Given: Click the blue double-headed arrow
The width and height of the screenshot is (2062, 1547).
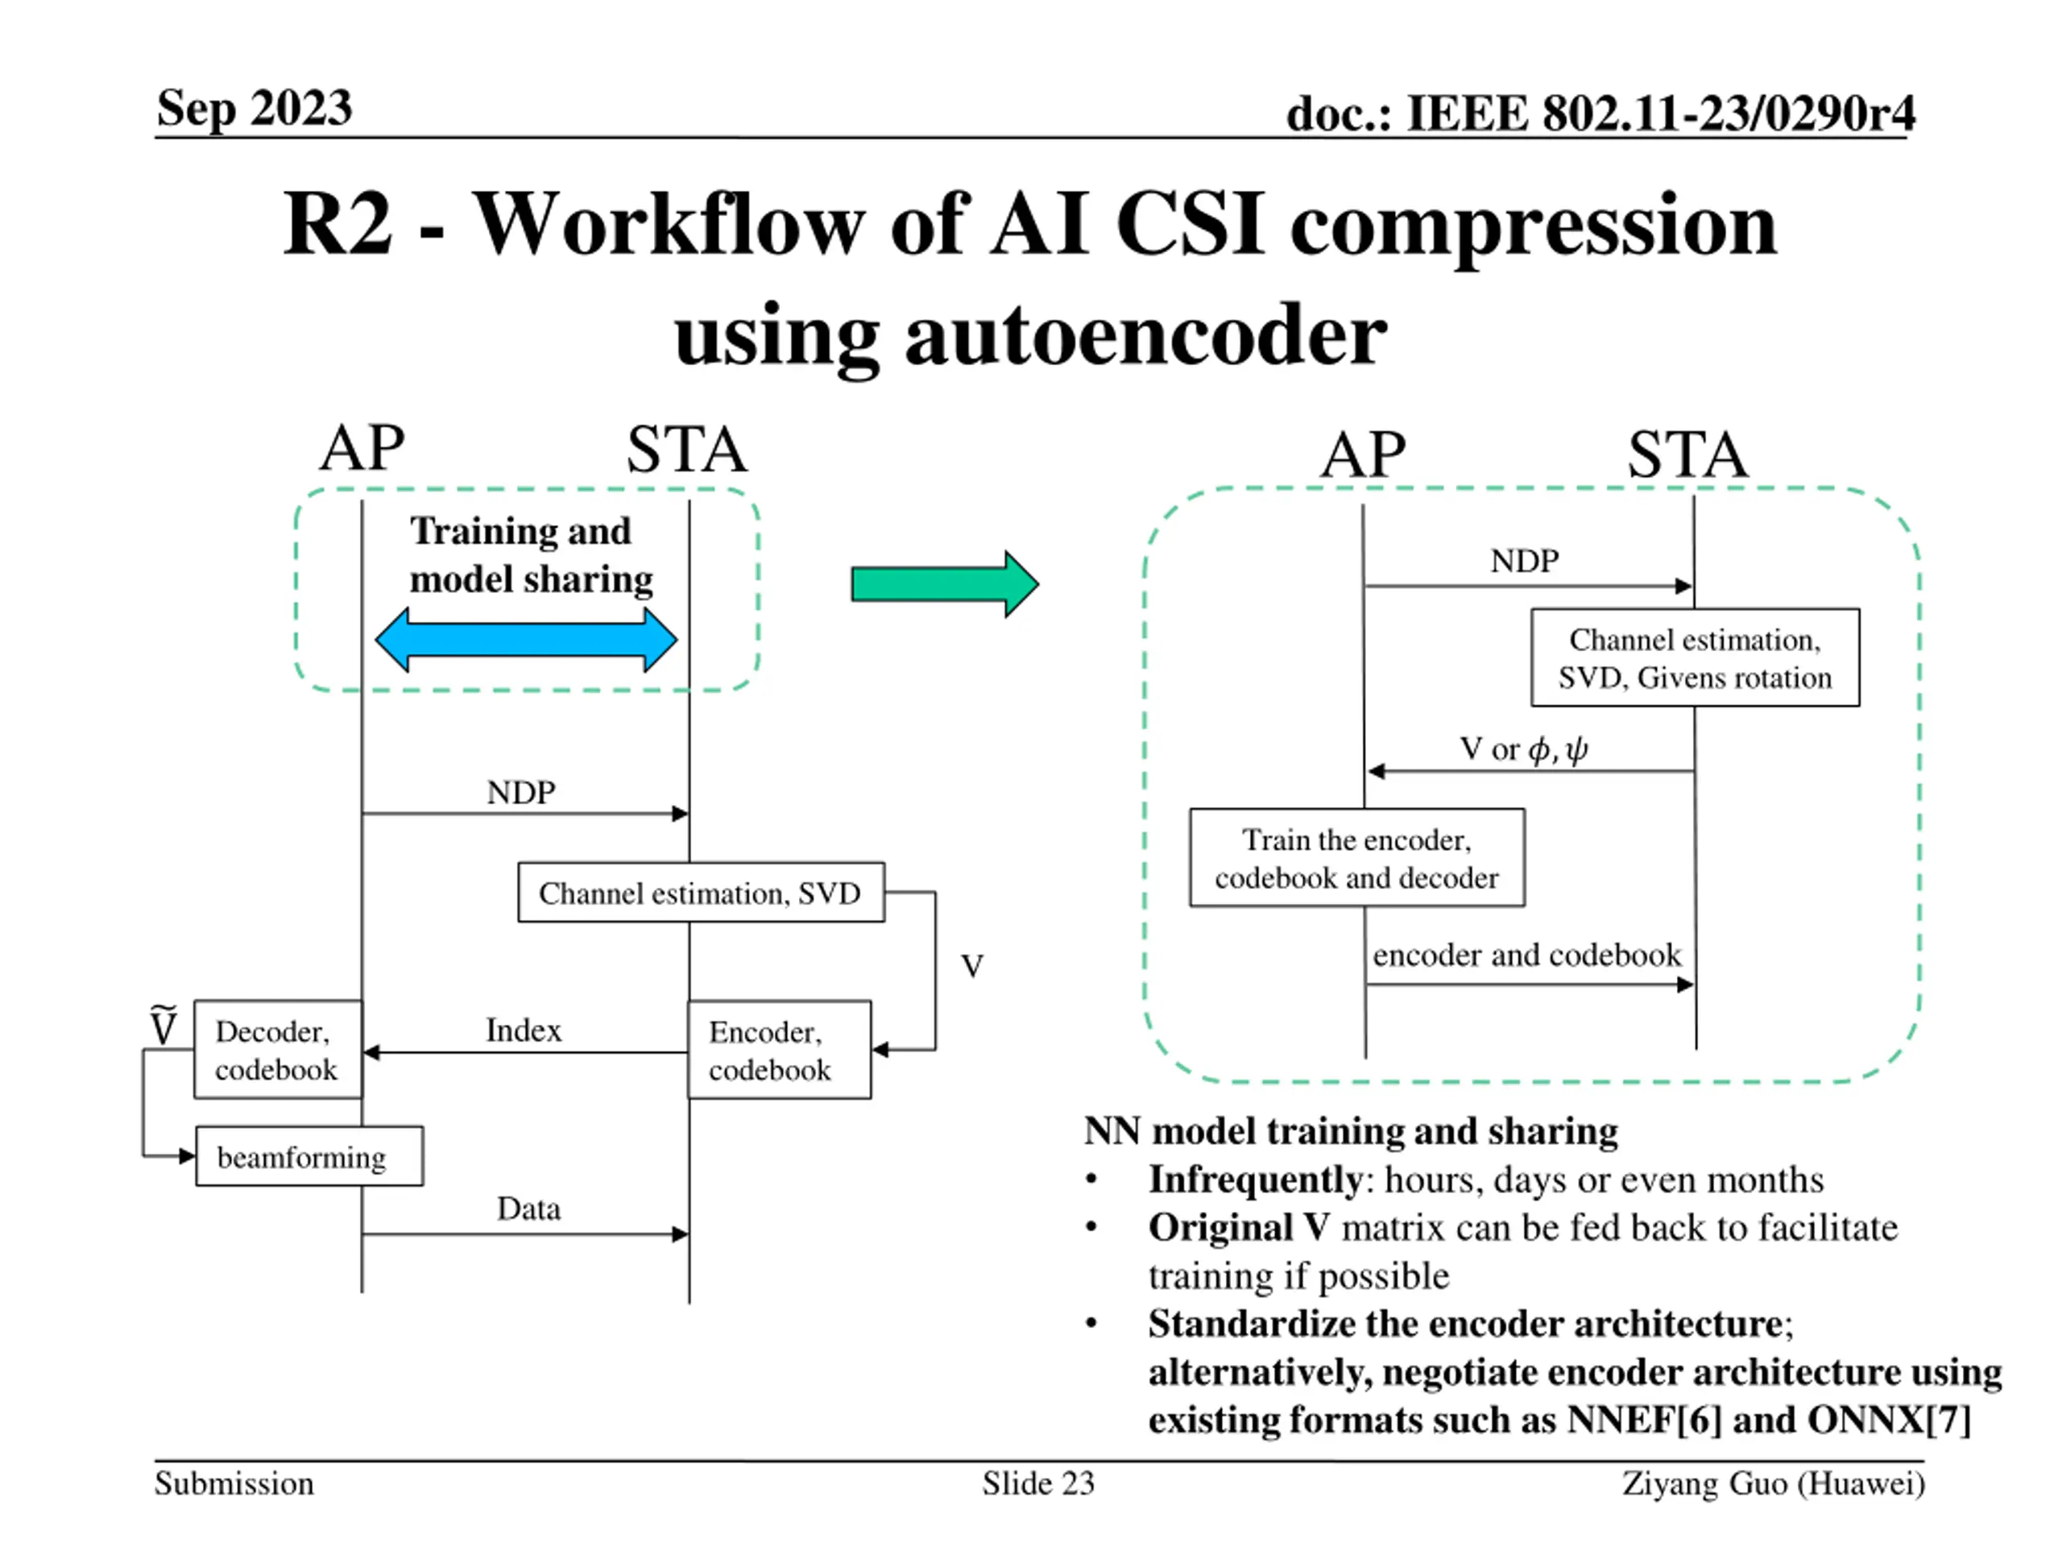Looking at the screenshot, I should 526,640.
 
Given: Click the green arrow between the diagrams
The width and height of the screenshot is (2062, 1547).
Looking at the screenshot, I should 943,585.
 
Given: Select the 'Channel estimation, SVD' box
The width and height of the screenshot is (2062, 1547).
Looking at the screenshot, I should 701,893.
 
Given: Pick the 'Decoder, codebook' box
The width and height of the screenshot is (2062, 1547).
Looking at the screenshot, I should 278,1050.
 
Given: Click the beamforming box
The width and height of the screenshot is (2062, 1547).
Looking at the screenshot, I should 308,1156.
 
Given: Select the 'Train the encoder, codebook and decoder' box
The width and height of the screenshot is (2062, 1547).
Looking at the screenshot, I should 1356,858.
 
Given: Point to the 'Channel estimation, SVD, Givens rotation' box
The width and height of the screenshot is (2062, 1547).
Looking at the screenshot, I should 1695,658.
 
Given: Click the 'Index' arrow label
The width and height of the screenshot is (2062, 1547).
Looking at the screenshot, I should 524,1030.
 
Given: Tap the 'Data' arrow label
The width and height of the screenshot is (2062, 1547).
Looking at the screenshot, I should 528,1209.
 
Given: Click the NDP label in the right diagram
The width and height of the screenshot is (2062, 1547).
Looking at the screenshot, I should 1524,561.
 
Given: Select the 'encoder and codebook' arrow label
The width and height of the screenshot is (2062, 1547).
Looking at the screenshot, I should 1527,955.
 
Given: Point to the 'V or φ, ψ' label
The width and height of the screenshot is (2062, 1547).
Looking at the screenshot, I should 1523,749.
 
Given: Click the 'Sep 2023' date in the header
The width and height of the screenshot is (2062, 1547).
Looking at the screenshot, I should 255,108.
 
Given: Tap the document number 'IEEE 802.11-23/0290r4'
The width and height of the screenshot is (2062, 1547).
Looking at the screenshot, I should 1659,114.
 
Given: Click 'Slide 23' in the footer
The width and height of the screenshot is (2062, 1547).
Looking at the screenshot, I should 1037,1483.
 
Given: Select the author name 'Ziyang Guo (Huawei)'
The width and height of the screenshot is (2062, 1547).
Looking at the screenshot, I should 1773,1483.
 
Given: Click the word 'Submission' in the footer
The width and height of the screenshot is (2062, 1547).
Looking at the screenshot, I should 234,1483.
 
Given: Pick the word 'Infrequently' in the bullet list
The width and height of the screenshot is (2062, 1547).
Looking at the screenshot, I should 1256,1180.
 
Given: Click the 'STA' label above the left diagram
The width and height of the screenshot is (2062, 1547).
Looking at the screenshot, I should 686,450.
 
